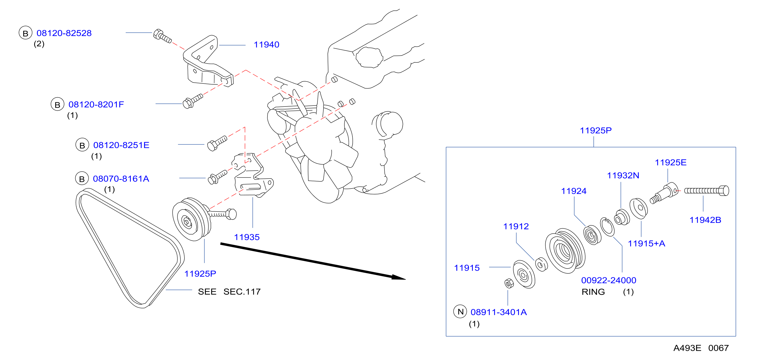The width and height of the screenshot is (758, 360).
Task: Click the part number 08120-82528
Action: coord(64,33)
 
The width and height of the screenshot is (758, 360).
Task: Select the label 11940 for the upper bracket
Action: coord(266,45)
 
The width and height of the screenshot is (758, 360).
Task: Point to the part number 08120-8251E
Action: coord(121,145)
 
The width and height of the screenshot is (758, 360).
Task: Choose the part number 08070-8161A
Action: coord(121,179)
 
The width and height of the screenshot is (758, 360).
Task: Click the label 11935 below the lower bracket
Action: coord(247,237)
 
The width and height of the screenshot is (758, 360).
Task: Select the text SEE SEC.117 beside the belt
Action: coord(229,292)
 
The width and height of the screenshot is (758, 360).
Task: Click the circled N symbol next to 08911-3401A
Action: coord(460,311)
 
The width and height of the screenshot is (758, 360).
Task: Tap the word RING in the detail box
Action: coord(593,292)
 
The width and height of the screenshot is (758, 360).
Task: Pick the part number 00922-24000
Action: coord(608,280)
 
